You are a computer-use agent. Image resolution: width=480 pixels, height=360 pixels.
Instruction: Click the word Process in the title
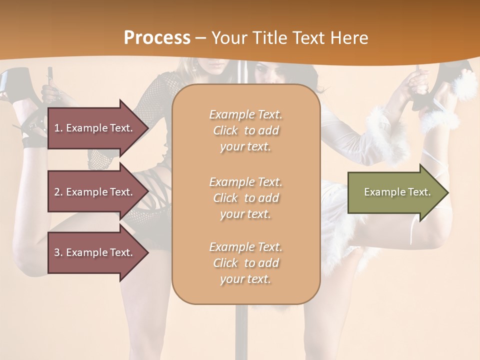tap(157, 38)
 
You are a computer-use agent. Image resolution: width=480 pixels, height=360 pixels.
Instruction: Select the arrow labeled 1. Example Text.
tap(95, 128)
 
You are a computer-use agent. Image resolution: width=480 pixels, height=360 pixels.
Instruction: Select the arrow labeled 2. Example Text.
tap(95, 192)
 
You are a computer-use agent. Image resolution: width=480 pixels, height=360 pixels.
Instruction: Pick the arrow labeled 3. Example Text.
tap(95, 252)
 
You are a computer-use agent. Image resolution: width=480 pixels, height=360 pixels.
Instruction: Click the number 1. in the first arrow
tap(58, 128)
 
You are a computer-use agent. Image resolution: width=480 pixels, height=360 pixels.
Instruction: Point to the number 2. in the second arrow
tap(58, 192)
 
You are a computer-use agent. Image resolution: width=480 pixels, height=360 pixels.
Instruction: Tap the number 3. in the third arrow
tap(58, 252)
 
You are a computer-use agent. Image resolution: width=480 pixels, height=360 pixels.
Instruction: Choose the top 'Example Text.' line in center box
tap(245, 114)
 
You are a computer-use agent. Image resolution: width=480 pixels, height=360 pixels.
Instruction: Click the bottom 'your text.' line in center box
tap(245, 279)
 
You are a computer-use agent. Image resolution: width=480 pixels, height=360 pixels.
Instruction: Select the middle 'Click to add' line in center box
tap(245, 198)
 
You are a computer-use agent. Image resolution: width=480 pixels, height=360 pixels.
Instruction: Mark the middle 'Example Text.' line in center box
tap(245, 182)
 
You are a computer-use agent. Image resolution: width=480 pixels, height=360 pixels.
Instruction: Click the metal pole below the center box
tap(241, 330)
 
